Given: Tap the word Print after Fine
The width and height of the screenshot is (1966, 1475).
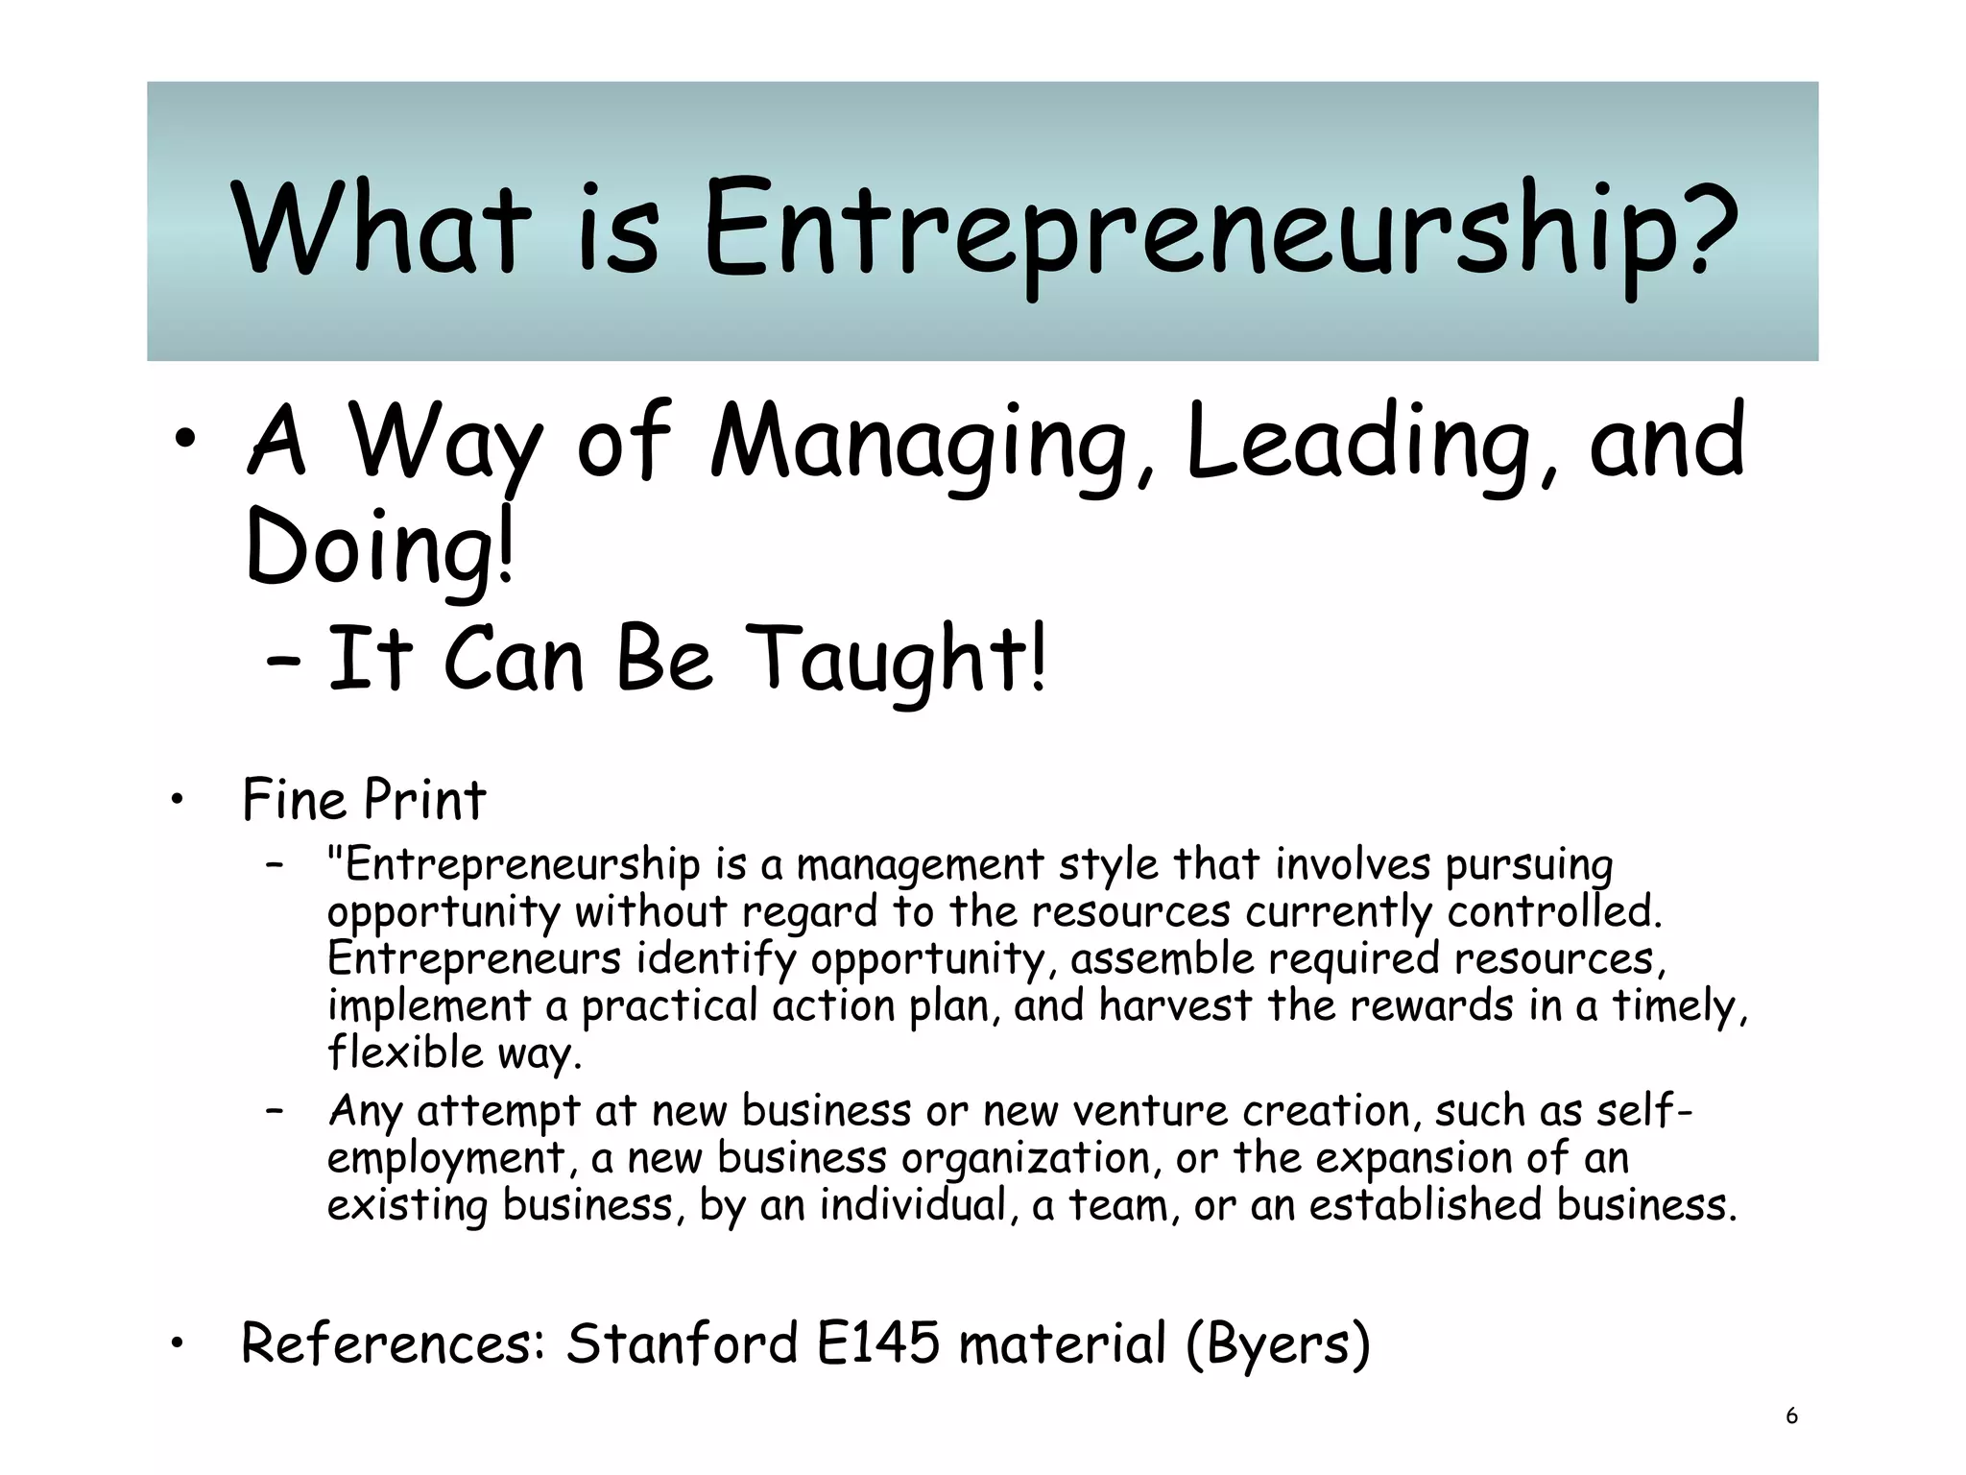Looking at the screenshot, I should (425, 800).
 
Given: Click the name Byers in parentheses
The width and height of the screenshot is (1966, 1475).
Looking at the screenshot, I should (1277, 1344).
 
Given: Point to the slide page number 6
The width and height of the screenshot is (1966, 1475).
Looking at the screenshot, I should (1791, 1415).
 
